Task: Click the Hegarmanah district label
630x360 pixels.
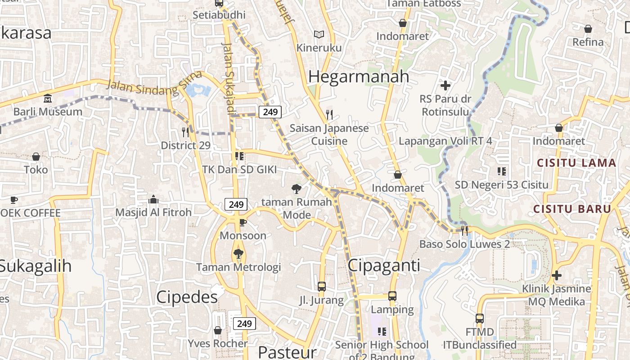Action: click(359, 76)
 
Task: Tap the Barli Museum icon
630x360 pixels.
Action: click(48, 98)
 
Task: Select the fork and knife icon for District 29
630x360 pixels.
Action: click(185, 132)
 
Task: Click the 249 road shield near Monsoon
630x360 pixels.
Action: click(236, 204)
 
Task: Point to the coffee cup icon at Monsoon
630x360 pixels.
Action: click(243, 222)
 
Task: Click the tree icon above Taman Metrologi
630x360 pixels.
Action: click(238, 254)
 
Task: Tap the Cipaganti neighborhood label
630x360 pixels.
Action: click(384, 265)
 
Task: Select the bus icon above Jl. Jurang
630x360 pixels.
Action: click(321, 286)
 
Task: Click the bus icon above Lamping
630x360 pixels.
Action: click(392, 296)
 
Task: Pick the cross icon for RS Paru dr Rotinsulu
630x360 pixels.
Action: click(445, 85)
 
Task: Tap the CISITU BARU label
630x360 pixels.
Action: click(572, 209)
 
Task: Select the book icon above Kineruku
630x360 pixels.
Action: click(319, 34)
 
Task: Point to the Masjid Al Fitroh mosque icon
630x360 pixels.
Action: click(153, 199)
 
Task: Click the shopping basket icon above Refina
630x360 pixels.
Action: click(588, 29)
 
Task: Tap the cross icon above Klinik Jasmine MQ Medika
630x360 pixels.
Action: click(557, 275)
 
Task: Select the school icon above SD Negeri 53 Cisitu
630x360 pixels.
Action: click(501, 171)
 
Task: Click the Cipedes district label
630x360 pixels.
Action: click(187, 297)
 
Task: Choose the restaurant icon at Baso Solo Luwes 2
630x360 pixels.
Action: click(464, 230)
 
